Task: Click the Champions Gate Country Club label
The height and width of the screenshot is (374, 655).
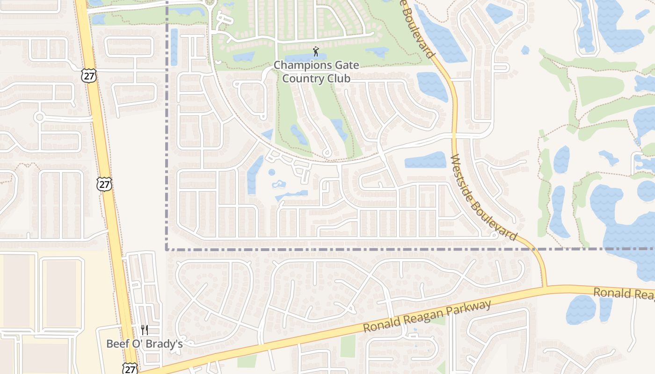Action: click(316, 72)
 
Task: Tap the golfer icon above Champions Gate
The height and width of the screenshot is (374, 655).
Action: click(316, 51)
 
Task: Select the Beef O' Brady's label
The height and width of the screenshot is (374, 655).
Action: click(144, 344)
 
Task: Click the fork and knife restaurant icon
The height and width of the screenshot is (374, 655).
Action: click(145, 330)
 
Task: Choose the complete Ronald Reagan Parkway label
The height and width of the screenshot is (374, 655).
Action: click(427, 316)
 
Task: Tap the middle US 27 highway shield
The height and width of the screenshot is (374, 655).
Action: click(104, 184)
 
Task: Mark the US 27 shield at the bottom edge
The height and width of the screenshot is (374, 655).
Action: click(131, 368)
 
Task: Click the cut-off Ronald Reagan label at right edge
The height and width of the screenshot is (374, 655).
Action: click(624, 294)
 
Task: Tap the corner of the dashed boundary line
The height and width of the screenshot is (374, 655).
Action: click(167, 249)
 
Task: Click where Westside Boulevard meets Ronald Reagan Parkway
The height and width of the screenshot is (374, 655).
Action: click(545, 287)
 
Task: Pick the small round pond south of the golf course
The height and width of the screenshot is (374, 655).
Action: click(272, 173)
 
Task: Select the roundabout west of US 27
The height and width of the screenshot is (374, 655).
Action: click(39, 117)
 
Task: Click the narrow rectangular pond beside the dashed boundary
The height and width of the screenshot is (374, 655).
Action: click(174, 47)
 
